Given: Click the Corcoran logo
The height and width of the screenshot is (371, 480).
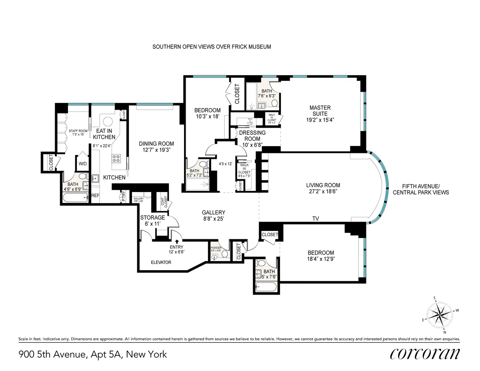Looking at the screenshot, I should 424,354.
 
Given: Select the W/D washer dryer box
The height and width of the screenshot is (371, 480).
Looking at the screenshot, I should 82,164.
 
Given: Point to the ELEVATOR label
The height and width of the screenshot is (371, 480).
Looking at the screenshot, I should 161,263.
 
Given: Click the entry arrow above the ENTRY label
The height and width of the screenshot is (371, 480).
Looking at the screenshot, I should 176,241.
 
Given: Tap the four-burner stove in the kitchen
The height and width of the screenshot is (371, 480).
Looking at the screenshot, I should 116,158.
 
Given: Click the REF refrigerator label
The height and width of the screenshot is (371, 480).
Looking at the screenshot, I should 95,196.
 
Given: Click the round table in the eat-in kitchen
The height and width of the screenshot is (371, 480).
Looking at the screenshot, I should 107,122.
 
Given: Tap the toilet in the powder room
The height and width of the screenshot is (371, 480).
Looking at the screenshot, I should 224,254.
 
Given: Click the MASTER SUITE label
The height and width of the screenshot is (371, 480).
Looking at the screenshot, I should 320,110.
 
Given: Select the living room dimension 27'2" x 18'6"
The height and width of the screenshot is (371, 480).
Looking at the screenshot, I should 323,192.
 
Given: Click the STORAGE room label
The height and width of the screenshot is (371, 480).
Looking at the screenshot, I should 152,218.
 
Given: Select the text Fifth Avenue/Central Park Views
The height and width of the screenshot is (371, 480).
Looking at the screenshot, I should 421,189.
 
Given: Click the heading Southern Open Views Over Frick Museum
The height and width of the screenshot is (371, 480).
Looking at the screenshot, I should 212,47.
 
